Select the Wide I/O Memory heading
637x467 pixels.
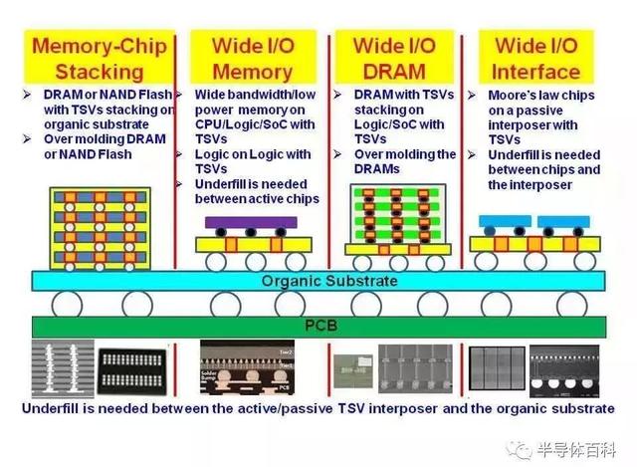click(252, 58)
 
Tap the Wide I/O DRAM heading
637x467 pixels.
click(395, 58)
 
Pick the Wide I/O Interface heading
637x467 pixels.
click(536, 58)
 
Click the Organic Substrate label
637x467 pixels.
click(329, 281)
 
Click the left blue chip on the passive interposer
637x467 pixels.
click(505, 222)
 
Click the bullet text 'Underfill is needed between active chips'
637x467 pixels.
click(255, 191)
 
